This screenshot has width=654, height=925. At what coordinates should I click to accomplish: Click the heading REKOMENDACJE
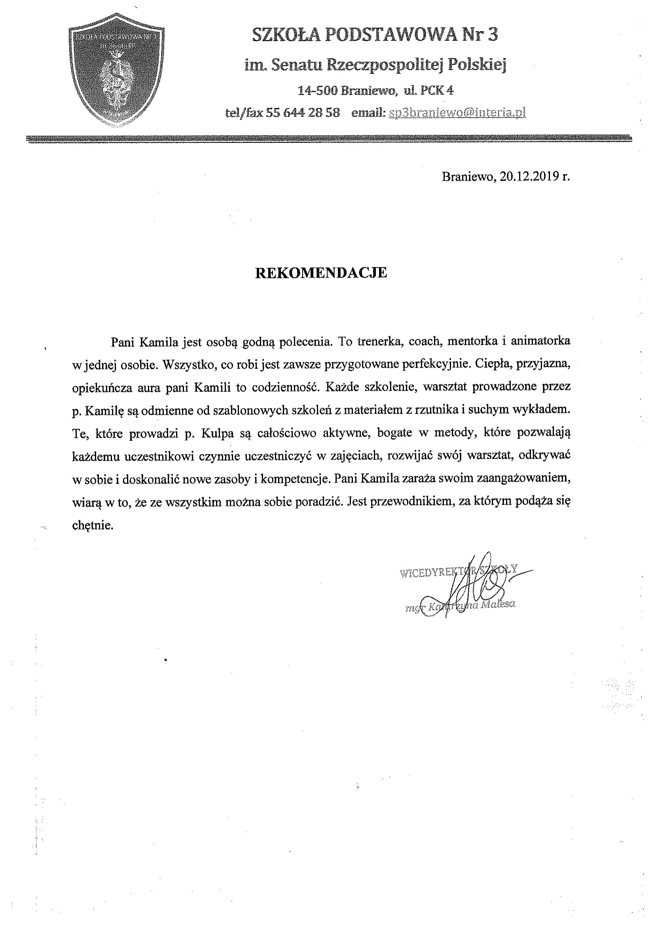pyautogui.click(x=321, y=273)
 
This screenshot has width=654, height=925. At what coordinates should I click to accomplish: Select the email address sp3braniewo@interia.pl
pyautogui.click(x=457, y=113)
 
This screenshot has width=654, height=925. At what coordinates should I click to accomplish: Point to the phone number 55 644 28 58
pyautogui.click(x=303, y=113)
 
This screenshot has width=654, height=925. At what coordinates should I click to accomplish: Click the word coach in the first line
pyautogui.click(x=423, y=341)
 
